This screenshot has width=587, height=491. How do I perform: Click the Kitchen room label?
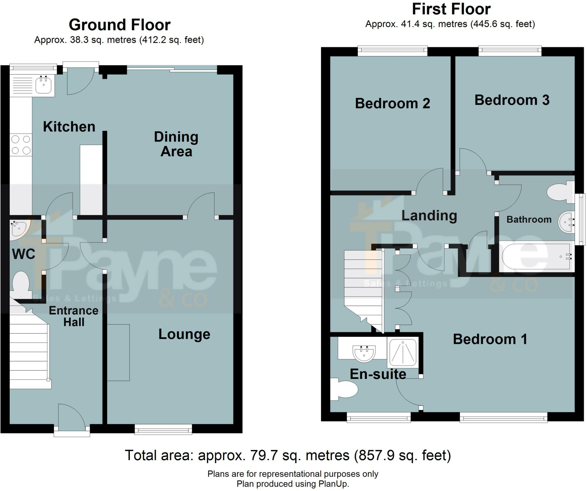point(69,127)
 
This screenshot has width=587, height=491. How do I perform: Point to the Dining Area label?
point(176,144)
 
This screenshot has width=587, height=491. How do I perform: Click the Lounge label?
point(184,334)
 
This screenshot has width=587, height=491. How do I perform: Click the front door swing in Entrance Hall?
point(70,415)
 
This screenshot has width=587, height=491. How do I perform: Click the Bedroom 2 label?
point(392,103)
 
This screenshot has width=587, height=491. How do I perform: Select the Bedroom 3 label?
point(512,100)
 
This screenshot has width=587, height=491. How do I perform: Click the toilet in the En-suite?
point(345,389)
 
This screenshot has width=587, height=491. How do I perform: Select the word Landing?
point(429,216)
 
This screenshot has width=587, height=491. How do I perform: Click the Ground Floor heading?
point(120,25)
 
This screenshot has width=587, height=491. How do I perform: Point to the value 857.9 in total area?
point(375,455)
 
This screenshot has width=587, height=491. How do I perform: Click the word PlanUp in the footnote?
point(333,484)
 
